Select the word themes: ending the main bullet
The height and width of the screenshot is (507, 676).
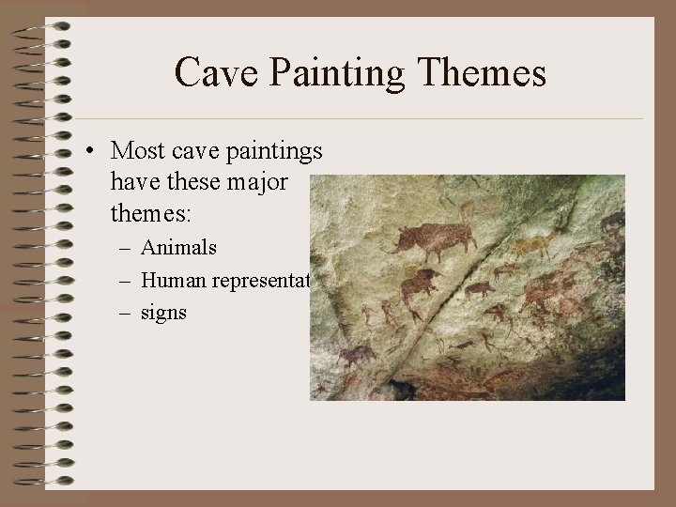(150, 213)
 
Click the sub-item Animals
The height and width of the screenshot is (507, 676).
(179, 248)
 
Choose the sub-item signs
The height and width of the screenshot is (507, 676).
(164, 313)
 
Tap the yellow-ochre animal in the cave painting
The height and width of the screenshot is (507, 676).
(531, 247)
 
